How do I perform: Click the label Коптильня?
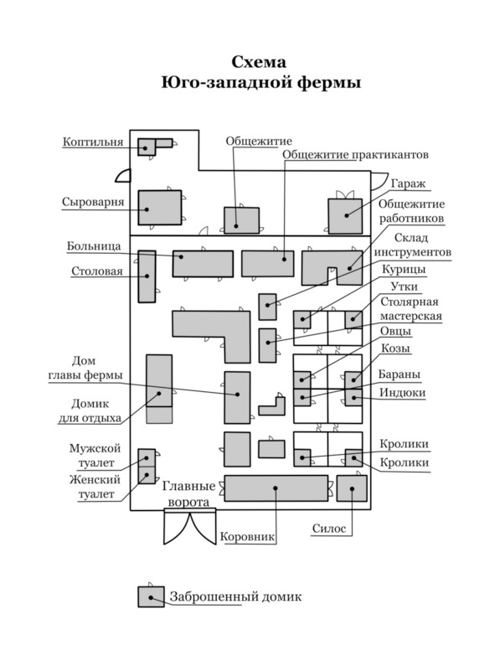[93, 142]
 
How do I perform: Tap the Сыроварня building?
[160, 208]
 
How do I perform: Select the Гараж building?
[345, 216]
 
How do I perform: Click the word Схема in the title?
[259, 62]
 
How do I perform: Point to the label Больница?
[94, 246]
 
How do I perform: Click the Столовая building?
[147, 276]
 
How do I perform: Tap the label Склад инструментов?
[412, 245]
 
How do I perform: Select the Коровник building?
[276, 488]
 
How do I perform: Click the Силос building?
[352, 488]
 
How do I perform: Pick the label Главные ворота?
[188, 494]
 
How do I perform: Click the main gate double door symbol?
[190, 527]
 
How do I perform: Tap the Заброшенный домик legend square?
[151, 596]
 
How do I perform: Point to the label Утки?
[404, 286]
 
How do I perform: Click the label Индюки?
[403, 392]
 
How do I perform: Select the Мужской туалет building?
[147, 458]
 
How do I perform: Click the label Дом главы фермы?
[85, 368]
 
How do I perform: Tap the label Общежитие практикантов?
[355, 154]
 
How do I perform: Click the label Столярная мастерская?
[410, 309]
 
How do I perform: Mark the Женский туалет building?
[147, 476]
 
